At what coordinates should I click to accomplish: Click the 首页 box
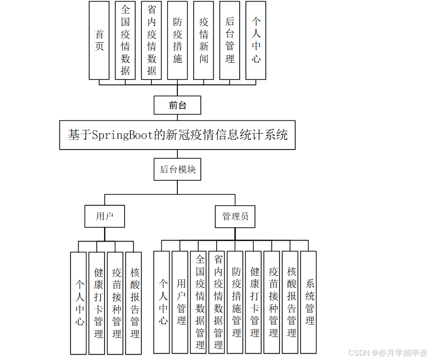click(99, 40)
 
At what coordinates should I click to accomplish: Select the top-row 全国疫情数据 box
click(125, 40)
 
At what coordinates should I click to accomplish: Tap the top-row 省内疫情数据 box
click(151, 40)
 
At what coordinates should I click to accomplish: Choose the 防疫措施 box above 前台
click(177, 40)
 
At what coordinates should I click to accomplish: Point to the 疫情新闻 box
click(204, 40)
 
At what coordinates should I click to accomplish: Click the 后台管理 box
click(230, 40)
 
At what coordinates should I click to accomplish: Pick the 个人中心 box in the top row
click(256, 40)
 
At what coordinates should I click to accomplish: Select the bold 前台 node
click(177, 105)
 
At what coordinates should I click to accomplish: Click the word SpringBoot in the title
click(123, 135)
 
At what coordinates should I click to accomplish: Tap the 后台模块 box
click(177, 169)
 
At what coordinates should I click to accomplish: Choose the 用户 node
click(104, 216)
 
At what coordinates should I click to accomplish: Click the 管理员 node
click(235, 216)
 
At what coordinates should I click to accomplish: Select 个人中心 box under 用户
click(79, 303)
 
